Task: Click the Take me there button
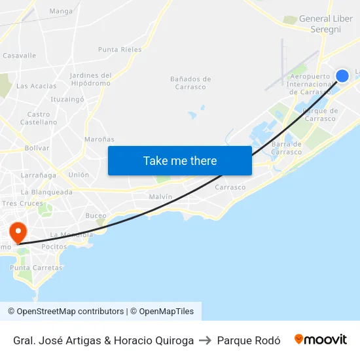point(180,160)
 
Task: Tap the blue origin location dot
point(342,76)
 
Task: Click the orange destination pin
point(18,232)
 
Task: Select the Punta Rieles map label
point(120,49)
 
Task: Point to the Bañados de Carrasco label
point(190,83)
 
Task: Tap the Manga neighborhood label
point(61,11)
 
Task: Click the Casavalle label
point(20,56)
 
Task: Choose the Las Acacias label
point(36,86)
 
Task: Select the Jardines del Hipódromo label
point(90,79)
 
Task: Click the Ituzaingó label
point(67,99)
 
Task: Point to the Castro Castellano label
point(39,118)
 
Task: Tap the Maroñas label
point(99,139)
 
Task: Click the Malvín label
point(160,196)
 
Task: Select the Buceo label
point(96,215)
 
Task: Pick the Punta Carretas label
point(36,268)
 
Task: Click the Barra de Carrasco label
point(287,148)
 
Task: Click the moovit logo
point(320,340)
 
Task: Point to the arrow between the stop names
point(206,340)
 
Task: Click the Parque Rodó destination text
point(249,340)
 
